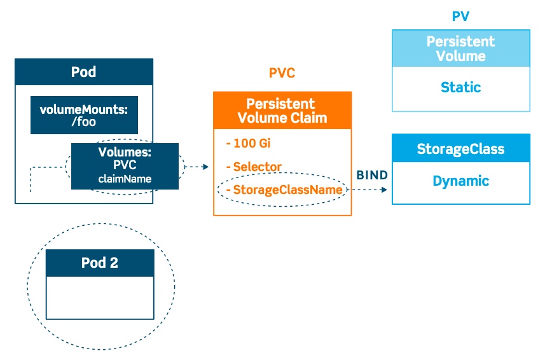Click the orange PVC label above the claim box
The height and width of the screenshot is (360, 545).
(282, 73)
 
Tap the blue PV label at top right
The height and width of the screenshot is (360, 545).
(460, 17)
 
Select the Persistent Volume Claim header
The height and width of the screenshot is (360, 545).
(282, 110)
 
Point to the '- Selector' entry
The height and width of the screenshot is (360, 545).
(253, 167)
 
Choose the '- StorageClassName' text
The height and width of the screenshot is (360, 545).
(284, 190)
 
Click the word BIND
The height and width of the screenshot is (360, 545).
(372, 175)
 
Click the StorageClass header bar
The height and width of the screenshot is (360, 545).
(460, 149)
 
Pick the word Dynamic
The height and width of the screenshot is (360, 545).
(460, 181)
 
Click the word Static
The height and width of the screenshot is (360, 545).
(460, 87)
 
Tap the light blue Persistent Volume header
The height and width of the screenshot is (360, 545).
(460, 49)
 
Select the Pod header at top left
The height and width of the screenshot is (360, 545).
(83, 72)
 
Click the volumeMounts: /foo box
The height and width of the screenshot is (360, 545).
(84, 115)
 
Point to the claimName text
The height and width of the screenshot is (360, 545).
(125, 179)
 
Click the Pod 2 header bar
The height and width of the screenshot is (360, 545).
(100, 263)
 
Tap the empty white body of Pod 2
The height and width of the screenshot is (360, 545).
(100, 297)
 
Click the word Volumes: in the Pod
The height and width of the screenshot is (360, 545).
(125, 153)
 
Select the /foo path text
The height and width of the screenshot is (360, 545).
(84, 121)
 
